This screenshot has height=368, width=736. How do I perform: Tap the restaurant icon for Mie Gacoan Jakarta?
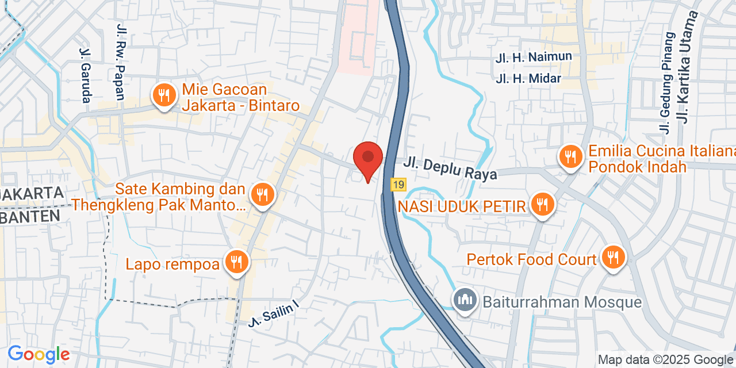pos(165,96)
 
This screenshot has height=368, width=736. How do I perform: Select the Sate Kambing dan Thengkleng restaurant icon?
pos(263,194)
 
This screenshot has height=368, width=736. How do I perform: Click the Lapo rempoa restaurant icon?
pos(236,262)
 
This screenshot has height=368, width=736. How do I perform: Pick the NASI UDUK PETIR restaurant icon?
pos(541,204)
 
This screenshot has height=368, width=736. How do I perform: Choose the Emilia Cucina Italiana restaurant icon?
pos(571,157)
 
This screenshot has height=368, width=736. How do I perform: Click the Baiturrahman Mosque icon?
pos(464,300)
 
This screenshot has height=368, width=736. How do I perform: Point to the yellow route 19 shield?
pos(398,185)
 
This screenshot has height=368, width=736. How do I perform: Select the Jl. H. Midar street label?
pos(528,78)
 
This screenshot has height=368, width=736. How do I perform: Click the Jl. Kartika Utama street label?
pos(688,67)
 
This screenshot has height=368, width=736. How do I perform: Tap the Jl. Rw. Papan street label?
pos(121,62)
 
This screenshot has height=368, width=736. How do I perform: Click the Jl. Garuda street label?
pos(85,75)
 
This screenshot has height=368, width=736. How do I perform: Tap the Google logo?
pos(39,355)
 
